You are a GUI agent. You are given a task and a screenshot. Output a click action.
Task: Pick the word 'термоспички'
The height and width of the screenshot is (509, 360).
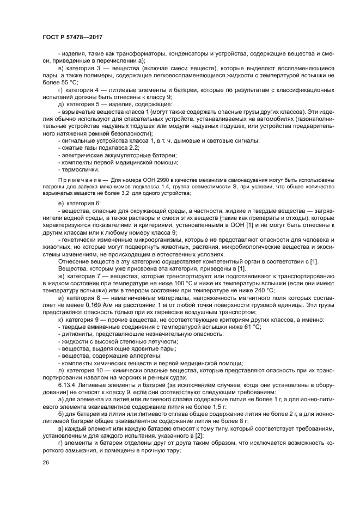(x=82, y=169)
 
